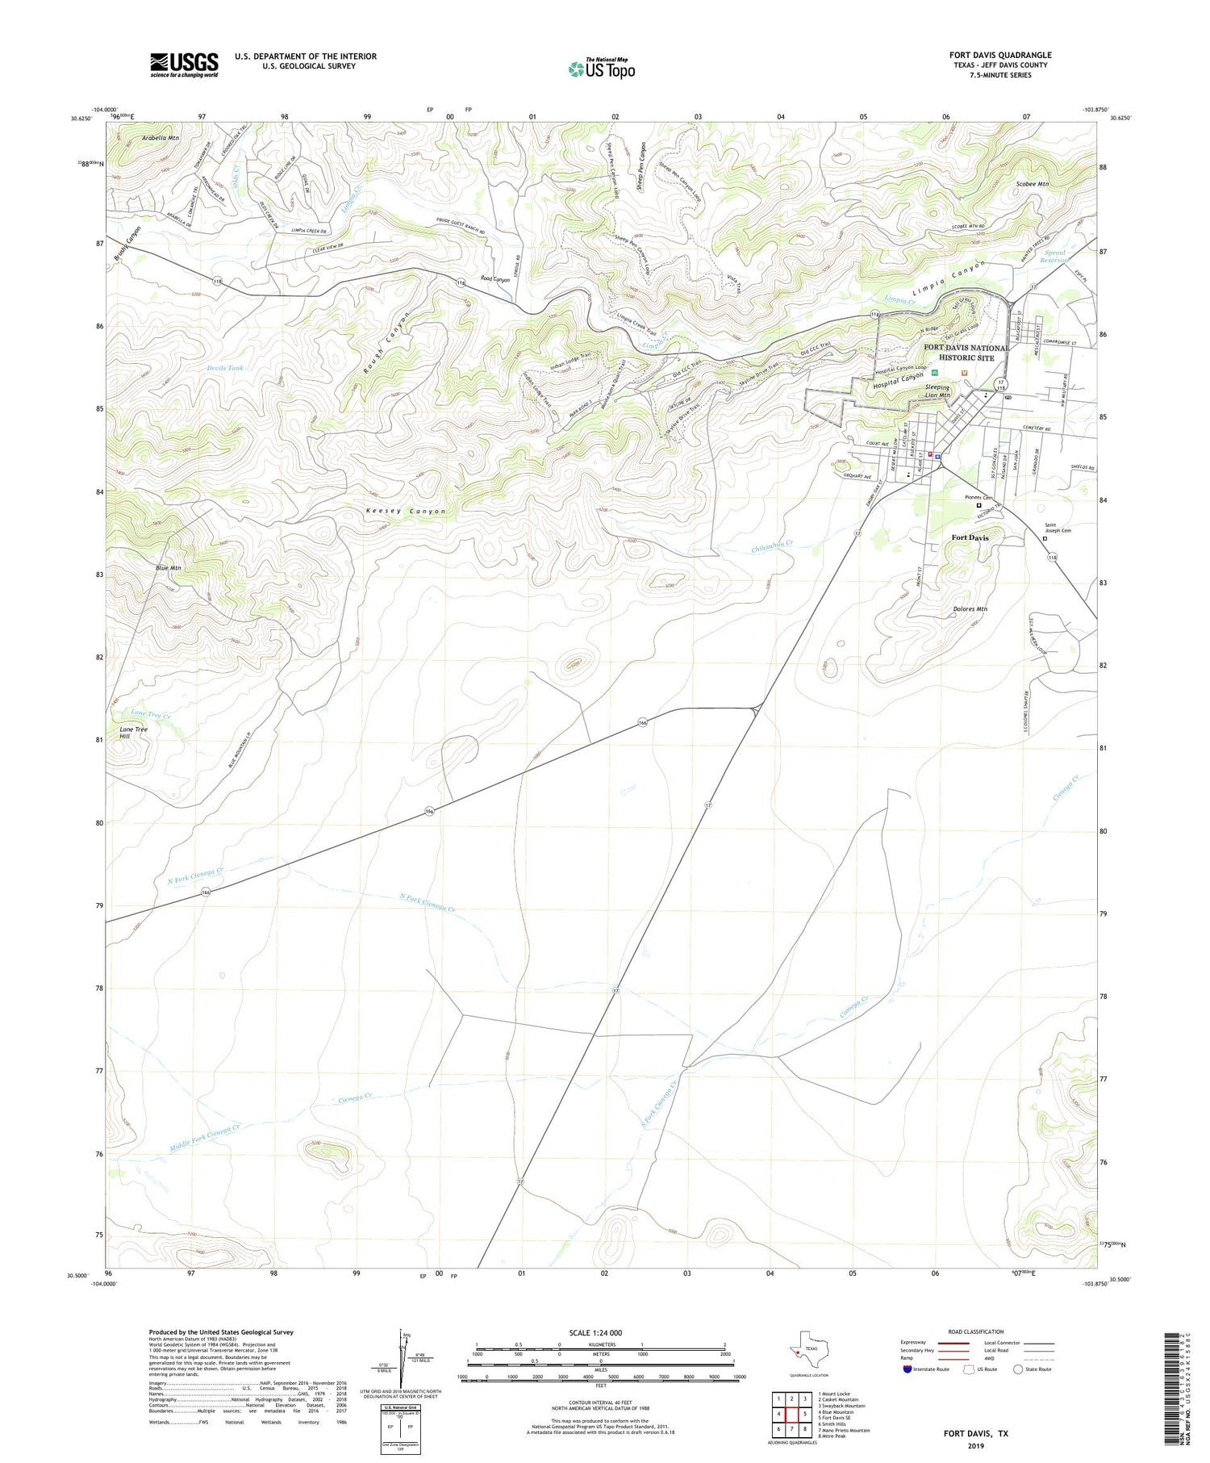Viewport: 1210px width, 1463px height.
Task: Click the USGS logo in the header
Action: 184,65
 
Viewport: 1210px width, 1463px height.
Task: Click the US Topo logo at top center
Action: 601,69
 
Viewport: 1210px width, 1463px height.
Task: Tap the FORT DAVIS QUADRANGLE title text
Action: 999,55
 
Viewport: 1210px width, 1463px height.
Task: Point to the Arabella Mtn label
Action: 160,138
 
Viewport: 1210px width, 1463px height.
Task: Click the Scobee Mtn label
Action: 1032,184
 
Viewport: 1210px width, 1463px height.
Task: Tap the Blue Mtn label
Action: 168,568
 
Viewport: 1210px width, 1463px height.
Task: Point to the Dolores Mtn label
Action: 969,609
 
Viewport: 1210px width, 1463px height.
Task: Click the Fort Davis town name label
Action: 970,537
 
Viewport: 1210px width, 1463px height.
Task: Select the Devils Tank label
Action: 224,368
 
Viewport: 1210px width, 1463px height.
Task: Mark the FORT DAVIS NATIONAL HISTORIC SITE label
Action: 966,353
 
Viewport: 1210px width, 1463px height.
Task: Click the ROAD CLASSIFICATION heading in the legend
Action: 976,1331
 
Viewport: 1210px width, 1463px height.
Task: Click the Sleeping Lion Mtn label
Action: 937,391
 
